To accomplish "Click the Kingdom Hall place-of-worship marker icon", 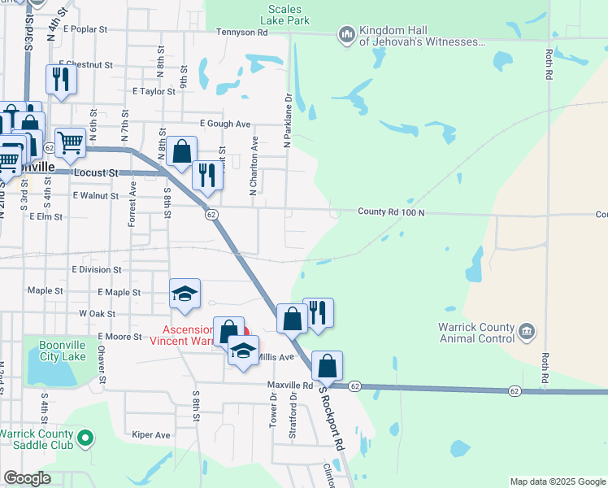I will coord(347,34).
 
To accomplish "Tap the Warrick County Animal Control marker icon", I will coord(527,332).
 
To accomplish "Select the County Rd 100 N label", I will coord(392,212).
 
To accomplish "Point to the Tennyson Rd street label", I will coord(241,33).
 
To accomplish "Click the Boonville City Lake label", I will coord(63,350).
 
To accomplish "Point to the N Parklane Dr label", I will coord(287,120).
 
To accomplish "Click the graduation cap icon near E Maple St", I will coord(185,294).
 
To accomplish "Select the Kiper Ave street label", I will coord(150,435).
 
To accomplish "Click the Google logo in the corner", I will coord(27,479).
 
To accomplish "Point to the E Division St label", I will coord(96,269).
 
